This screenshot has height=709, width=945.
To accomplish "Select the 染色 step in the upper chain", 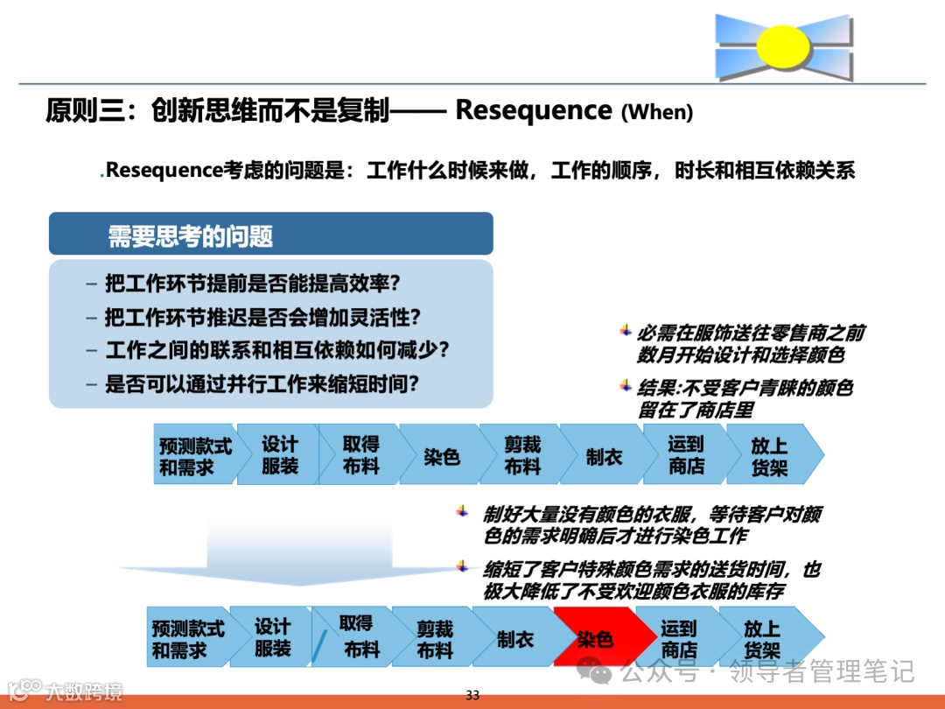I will pyautogui.click(x=442, y=456).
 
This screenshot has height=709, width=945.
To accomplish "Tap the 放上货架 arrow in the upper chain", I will pyautogui.click(x=770, y=456).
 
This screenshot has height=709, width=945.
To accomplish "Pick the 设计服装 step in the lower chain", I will pyautogui.click(x=272, y=638).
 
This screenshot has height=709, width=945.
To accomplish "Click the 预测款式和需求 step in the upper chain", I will pyautogui.click(x=195, y=456).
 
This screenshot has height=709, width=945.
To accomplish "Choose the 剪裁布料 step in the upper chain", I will pyautogui.click(x=522, y=456).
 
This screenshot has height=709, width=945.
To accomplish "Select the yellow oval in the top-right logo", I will pyautogui.click(x=781, y=47).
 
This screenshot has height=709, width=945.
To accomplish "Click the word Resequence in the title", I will pyautogui.click(x=534, y=111).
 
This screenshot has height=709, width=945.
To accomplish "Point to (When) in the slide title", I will pyautogui.click(x=656, y=113).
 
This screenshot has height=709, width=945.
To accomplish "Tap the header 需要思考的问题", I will pyautogui.click(x=190, y=235).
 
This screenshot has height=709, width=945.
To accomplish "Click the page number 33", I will pyautogui.click(x=472, y=695).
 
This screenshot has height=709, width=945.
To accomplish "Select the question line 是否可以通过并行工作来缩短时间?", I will pyautogui.click(x=261, y=383).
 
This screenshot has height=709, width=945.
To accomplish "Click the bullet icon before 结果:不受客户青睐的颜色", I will pyautogui.click(x=626, y=384).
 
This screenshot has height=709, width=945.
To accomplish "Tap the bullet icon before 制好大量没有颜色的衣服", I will pyautogui.click(x=463, y=512).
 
